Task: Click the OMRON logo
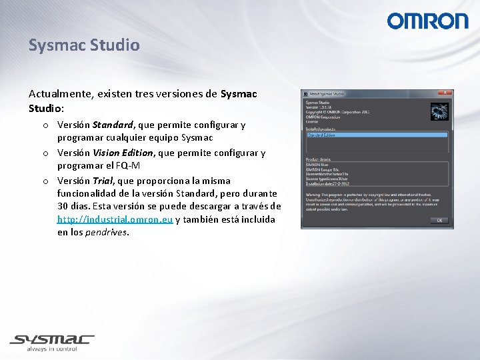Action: click(x=427, y=21)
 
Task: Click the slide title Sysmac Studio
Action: click(x=84, y=45)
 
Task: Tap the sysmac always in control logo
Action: click(x=52, y=341)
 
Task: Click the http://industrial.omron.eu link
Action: click(x=115, y=219)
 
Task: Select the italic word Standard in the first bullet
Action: click(x=113, y=125)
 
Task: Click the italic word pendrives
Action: click(x=107, y=233)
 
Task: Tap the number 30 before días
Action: click(x=64, y=206)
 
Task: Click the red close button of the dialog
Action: click(x=445, y=93)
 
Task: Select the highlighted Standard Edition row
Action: click(x=377, y=135)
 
